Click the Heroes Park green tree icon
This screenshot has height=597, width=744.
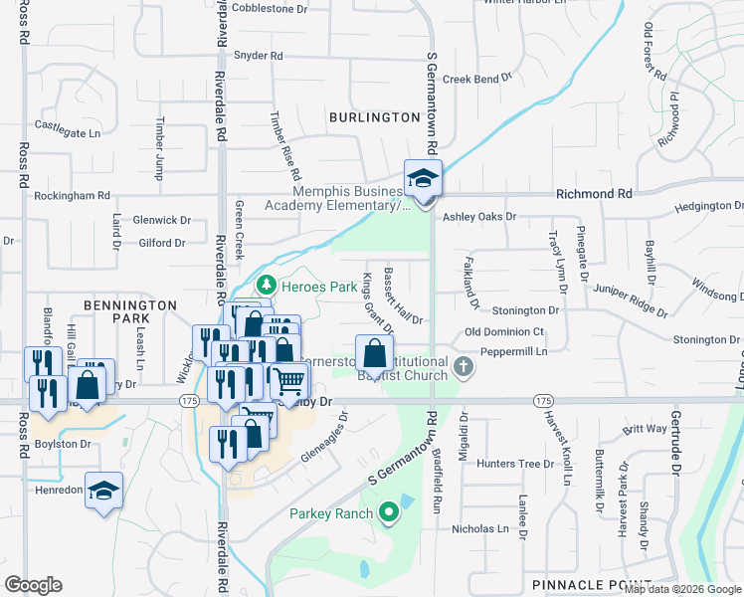[265, 287]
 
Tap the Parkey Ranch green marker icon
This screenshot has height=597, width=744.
[388, 513]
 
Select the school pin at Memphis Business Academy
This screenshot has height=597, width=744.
[423, 180]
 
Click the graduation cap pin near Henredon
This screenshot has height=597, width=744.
[103, 492]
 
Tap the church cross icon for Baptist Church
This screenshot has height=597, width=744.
[463, 368]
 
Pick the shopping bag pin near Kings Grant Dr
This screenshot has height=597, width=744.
[373, 354]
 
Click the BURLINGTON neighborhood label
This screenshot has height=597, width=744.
[375, 117]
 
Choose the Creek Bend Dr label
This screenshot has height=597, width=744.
[476, 78]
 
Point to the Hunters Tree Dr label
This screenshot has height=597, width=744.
[514, 464]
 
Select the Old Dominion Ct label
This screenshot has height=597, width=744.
[505, 331]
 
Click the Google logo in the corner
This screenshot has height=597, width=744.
[34, 585]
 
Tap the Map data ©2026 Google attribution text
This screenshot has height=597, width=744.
[682, 589]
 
